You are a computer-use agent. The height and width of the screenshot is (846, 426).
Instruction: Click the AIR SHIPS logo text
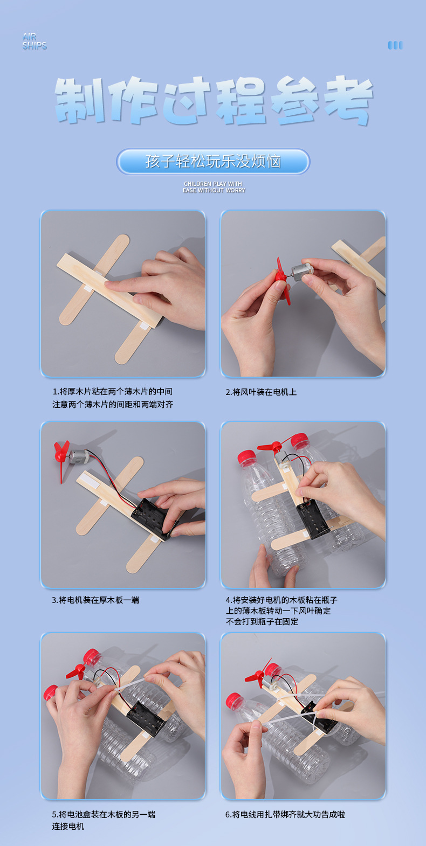click(35, 41)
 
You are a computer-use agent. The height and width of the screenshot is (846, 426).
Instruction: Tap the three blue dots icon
click(395, 45)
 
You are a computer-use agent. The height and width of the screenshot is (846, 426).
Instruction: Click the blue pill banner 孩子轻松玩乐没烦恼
click(213, 162)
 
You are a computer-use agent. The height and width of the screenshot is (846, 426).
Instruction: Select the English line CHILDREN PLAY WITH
click(213, 184)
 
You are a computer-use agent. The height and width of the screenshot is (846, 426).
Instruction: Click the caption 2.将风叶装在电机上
click(261, 392)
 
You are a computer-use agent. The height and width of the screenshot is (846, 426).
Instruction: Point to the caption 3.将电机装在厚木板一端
click(95, 600)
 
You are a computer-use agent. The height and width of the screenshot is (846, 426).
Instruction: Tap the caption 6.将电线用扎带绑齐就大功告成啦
click(285, 814)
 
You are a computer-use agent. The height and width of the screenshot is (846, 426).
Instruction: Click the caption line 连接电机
click(68, 826)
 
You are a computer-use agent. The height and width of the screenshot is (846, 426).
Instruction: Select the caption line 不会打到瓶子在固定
click(262, 621)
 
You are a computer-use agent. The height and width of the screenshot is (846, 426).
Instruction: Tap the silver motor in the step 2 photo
click(303, 269)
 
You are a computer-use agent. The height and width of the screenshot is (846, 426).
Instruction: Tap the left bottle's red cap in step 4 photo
click(246, 456)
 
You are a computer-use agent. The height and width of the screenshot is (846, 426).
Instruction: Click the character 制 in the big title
click(79, 100)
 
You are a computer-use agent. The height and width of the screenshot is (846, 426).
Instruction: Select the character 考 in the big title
click(348, 100)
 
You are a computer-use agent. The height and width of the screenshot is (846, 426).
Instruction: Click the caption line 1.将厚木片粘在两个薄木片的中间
click(112, 392)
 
